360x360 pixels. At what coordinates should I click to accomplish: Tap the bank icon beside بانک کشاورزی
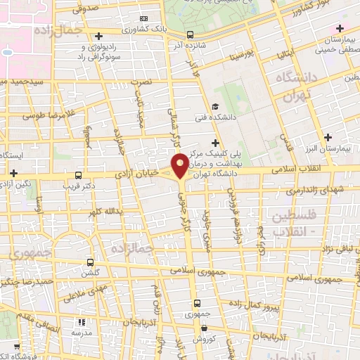pyautogui.click(x=144, y=18)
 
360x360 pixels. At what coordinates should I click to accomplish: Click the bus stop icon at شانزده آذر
pyautogui.click(x=191, y=34)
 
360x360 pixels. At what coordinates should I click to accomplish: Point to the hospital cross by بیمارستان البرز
pyautogui.click(x=328, y=137)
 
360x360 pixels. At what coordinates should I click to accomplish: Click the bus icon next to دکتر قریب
pyautogui.click(x=77, y=176)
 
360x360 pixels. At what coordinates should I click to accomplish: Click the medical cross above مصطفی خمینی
pyautogui.click(x=340, y=29)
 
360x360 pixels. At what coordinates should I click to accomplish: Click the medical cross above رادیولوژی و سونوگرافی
pyautogui.click(x=98, y=35)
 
